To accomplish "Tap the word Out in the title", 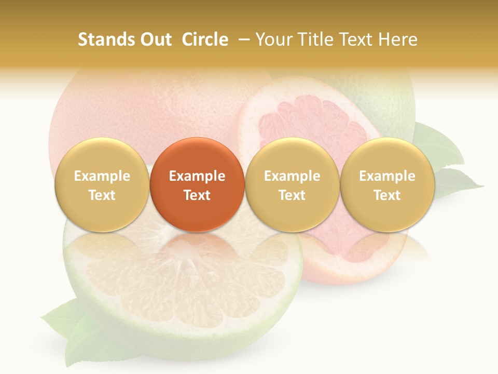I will tap(155, 39).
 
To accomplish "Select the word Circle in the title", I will tap(205, 39).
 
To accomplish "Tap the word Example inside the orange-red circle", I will tap(197, 176).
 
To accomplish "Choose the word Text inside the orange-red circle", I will tap(197, 195).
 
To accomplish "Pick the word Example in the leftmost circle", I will tap(102, 176).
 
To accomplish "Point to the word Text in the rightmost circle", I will tap(388, 195).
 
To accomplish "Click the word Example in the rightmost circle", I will tap(388, 176).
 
